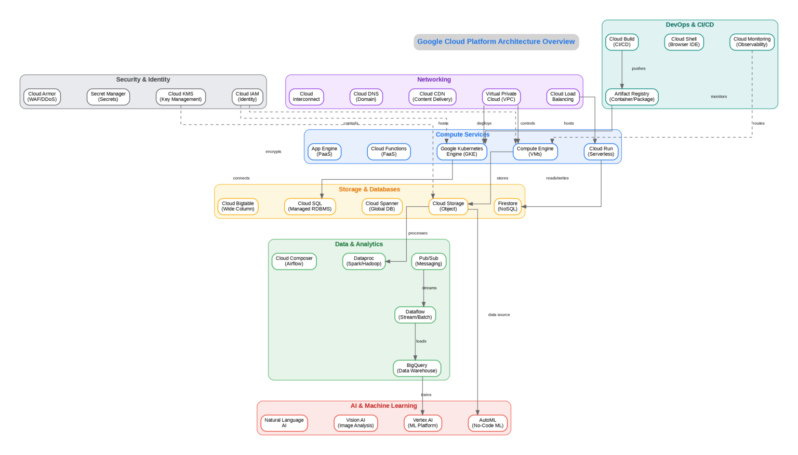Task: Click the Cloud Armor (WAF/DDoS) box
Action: click(42, 97)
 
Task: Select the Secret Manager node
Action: click(108, 97)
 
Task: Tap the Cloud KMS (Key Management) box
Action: click(181, 97)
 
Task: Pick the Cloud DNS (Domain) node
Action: click(366, 97)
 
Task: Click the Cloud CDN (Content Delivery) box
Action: click(432, 97)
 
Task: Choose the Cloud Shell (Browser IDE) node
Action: click(684, 42)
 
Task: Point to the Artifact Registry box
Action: click(632, 97)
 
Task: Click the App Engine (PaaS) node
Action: click(324, 152)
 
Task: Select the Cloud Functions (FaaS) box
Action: click(389, 152)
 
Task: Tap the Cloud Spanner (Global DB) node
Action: click(382, 206)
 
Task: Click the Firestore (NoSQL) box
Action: click(508, 206)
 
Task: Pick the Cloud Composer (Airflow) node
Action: click(294, 261)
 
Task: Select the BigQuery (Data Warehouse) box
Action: click(417, 368)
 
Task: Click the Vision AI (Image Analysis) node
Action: click(355, 423)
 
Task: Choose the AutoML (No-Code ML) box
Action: click(487, 423)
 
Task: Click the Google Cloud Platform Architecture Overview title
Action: click(496, 42)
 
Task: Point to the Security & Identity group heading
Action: click(143, 79)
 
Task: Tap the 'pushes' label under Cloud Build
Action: click(639, 69)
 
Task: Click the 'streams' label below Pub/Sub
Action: click(429, 288)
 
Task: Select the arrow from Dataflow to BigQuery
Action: click(415, 341)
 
